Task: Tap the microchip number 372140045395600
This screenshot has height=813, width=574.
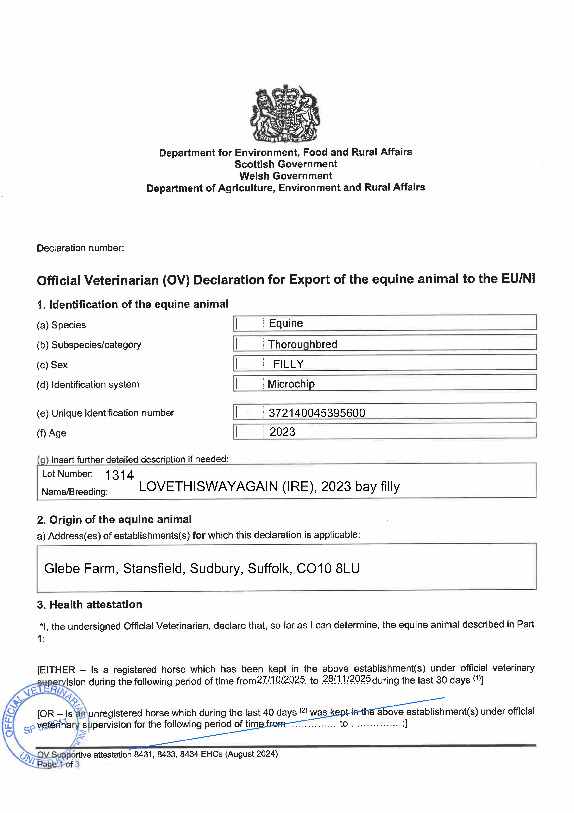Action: (x=317, y=413)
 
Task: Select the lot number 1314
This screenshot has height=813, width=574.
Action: (x=119, y=475)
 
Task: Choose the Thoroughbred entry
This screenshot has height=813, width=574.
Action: (x=303, y=344)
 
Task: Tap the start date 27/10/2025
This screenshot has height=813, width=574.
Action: (x=281, y=679)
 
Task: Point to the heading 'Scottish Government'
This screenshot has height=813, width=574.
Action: (x=286, y=164)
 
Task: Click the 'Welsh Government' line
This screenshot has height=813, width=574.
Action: (x=286, y=176)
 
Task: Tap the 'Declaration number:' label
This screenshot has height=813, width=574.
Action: (x=80, y=248)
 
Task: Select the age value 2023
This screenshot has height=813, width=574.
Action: (x=282, y=432)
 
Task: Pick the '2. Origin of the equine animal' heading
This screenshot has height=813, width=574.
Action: (x=114, y=520)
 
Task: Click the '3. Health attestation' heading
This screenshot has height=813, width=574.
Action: (x=89, y=604)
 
